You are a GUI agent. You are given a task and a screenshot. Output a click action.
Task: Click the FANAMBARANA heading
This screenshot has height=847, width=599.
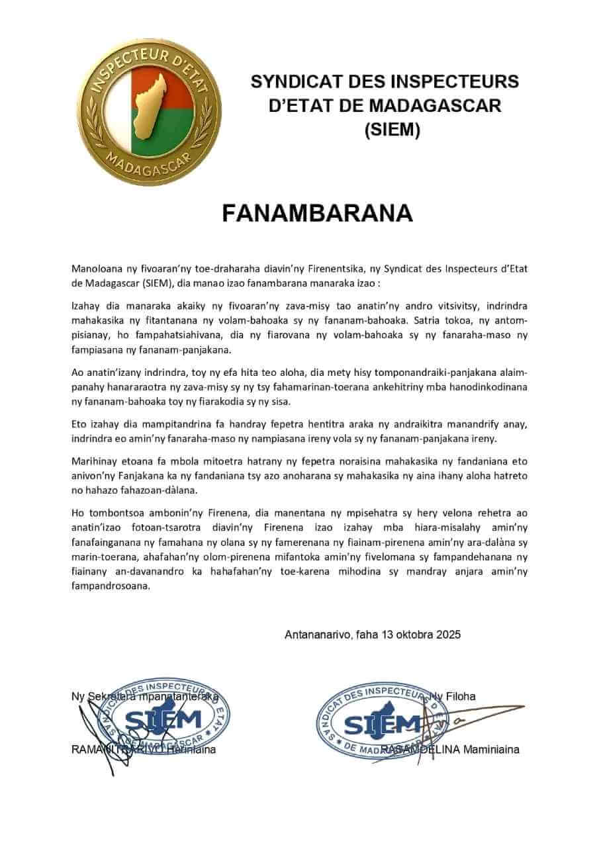tap(317, 213)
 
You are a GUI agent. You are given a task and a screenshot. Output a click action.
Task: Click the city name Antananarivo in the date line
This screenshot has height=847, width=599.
tap(317, 634)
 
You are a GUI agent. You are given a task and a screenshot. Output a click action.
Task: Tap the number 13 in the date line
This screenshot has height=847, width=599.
tap(387, 634)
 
